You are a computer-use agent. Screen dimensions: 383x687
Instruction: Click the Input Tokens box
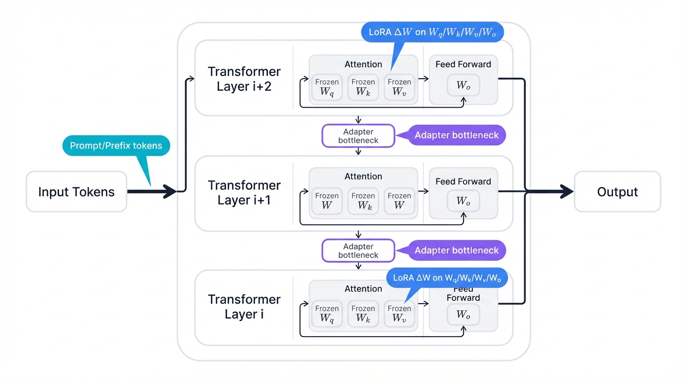point(76,192)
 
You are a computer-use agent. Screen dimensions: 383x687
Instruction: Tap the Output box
point(617,192)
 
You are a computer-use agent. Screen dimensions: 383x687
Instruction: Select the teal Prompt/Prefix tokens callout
point(116,146)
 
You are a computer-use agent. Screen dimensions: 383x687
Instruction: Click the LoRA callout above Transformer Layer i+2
point(432,32)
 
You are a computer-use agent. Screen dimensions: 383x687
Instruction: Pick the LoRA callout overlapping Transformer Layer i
point(447,278)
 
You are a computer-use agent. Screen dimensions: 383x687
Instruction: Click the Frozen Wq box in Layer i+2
point(327,88)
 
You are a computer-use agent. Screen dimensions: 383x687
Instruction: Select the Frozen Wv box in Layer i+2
point(399,88)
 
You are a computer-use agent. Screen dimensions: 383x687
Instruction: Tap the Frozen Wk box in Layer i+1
point(363,201)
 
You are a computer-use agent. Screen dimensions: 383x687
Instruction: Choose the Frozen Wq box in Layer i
point(327,314)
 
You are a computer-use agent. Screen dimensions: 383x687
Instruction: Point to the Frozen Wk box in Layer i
point(363,314)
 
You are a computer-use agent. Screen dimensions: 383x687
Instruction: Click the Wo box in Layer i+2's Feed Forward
point(463,85)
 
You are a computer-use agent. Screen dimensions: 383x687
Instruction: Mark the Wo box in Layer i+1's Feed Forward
point(463,201)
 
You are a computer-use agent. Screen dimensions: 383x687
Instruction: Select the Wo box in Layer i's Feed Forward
point(463,315)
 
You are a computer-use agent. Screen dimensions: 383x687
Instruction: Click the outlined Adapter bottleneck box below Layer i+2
point(358,136)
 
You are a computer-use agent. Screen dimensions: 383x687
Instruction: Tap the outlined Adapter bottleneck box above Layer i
point(358,250)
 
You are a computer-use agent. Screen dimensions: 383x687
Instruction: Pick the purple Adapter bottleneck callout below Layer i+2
point(456,136)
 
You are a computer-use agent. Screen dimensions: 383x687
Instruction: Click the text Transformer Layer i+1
point(244,192)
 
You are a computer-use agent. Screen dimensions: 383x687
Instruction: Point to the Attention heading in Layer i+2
point(363,64)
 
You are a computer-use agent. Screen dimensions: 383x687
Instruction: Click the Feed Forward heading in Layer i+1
point(463,182)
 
